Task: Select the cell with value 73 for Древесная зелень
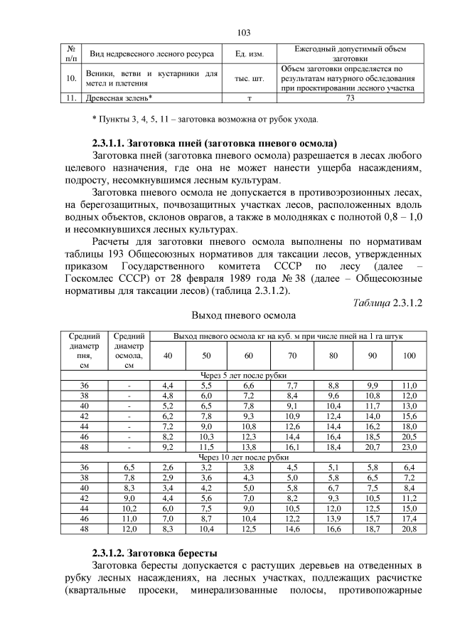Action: pos(349,99)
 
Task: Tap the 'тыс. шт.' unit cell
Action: pos(245,79)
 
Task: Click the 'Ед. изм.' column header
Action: pos(245,54)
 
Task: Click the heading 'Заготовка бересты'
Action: pos(178,552)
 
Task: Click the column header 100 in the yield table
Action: pos(409,355)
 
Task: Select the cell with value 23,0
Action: pos(409,446)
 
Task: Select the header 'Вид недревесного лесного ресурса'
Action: pos(149,54)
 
